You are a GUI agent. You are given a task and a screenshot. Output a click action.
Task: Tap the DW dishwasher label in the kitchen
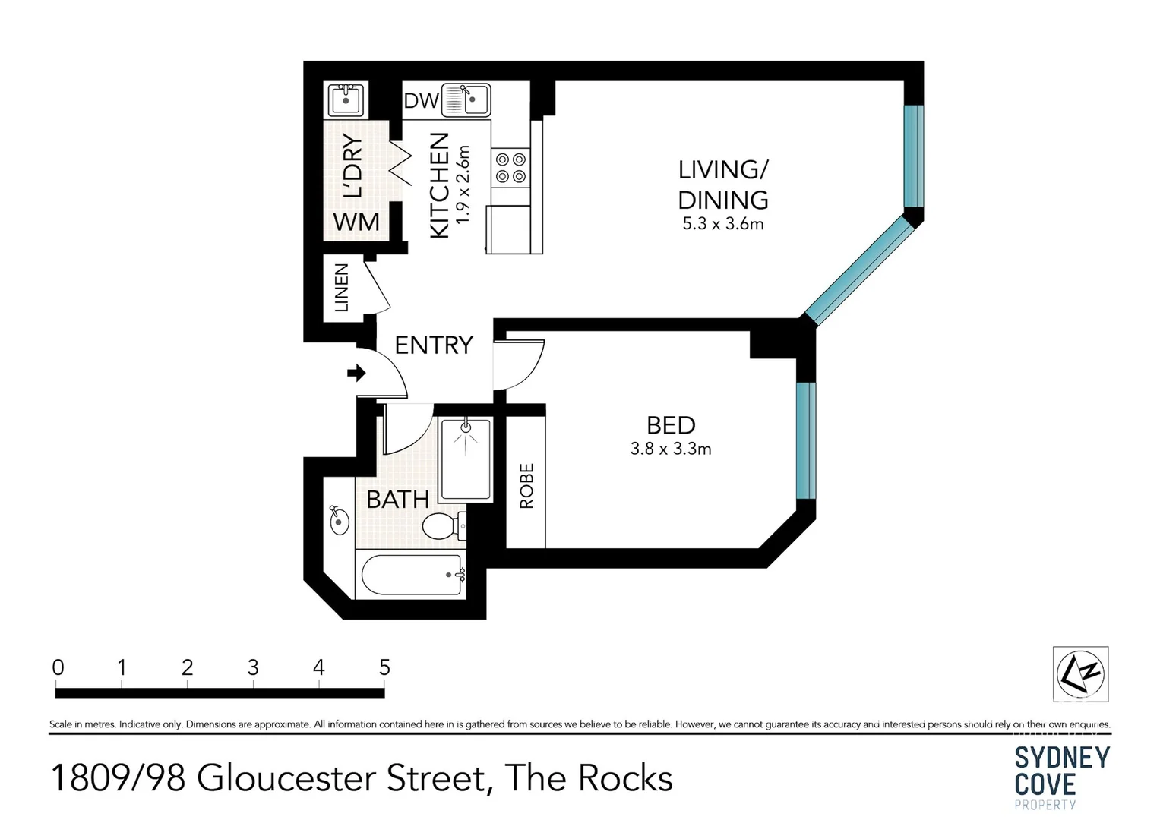[x=421, y=100]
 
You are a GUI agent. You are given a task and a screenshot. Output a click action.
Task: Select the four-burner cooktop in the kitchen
[x=510, y=168]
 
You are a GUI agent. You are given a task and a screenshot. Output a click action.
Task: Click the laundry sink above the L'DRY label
[x=346, y=99]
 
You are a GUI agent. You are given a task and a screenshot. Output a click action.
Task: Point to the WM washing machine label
[x=356, y=222]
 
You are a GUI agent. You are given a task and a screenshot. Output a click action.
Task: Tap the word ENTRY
[x=434, y=345]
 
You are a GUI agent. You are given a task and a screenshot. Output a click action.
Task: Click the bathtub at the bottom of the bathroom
[x=411, y=576]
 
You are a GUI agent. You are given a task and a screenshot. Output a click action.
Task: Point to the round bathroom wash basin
[x=338, y=521]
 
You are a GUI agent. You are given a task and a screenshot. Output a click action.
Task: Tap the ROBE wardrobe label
[x=526, y=485]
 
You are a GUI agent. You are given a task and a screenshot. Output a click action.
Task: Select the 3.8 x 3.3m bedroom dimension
[x=671, y=449]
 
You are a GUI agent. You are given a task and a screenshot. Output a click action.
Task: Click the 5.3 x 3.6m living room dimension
[x=722, y=224]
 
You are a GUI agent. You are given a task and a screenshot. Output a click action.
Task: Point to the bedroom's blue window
[x=805, y=440]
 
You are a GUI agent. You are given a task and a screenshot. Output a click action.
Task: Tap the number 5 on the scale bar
[x=384, y=667]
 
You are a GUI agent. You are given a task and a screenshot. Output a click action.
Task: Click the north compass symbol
[x=1080, y=673]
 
